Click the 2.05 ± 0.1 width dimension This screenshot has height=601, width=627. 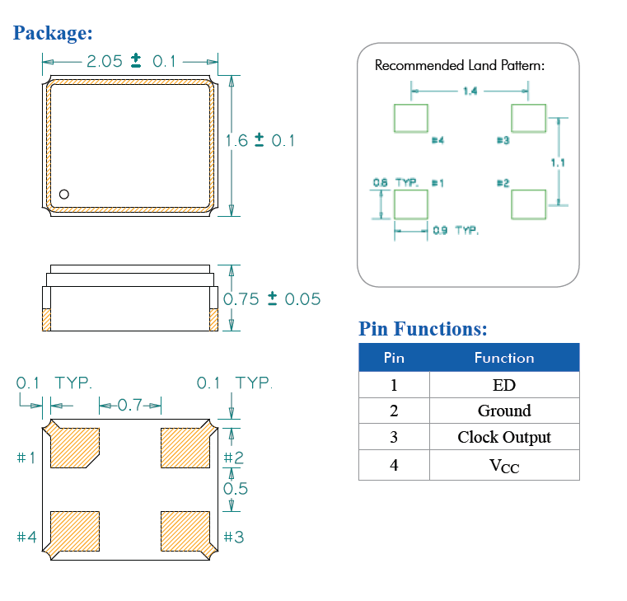(131, 61)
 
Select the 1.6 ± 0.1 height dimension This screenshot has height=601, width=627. (260, 140)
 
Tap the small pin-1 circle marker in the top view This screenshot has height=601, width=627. (63, 195)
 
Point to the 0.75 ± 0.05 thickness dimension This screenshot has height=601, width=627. (272, 299)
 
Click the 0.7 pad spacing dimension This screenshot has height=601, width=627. (130, 405)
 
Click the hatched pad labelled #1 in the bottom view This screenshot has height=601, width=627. (75, 448)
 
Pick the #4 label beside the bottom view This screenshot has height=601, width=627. (26, 538)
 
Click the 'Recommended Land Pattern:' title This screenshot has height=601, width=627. (459, 65)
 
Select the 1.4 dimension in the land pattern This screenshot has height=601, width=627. (470, 91)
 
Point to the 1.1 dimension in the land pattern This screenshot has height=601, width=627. (558, 162)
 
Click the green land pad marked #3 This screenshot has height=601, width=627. (528, 118)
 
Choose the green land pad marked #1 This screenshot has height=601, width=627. (410, 204)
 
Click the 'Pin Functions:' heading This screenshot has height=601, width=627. (423, 329)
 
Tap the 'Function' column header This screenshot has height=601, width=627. (503, 358)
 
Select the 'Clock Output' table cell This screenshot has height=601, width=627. (503, 437)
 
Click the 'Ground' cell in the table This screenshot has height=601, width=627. (503, 411)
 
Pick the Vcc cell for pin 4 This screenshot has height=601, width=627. (503, 466)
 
